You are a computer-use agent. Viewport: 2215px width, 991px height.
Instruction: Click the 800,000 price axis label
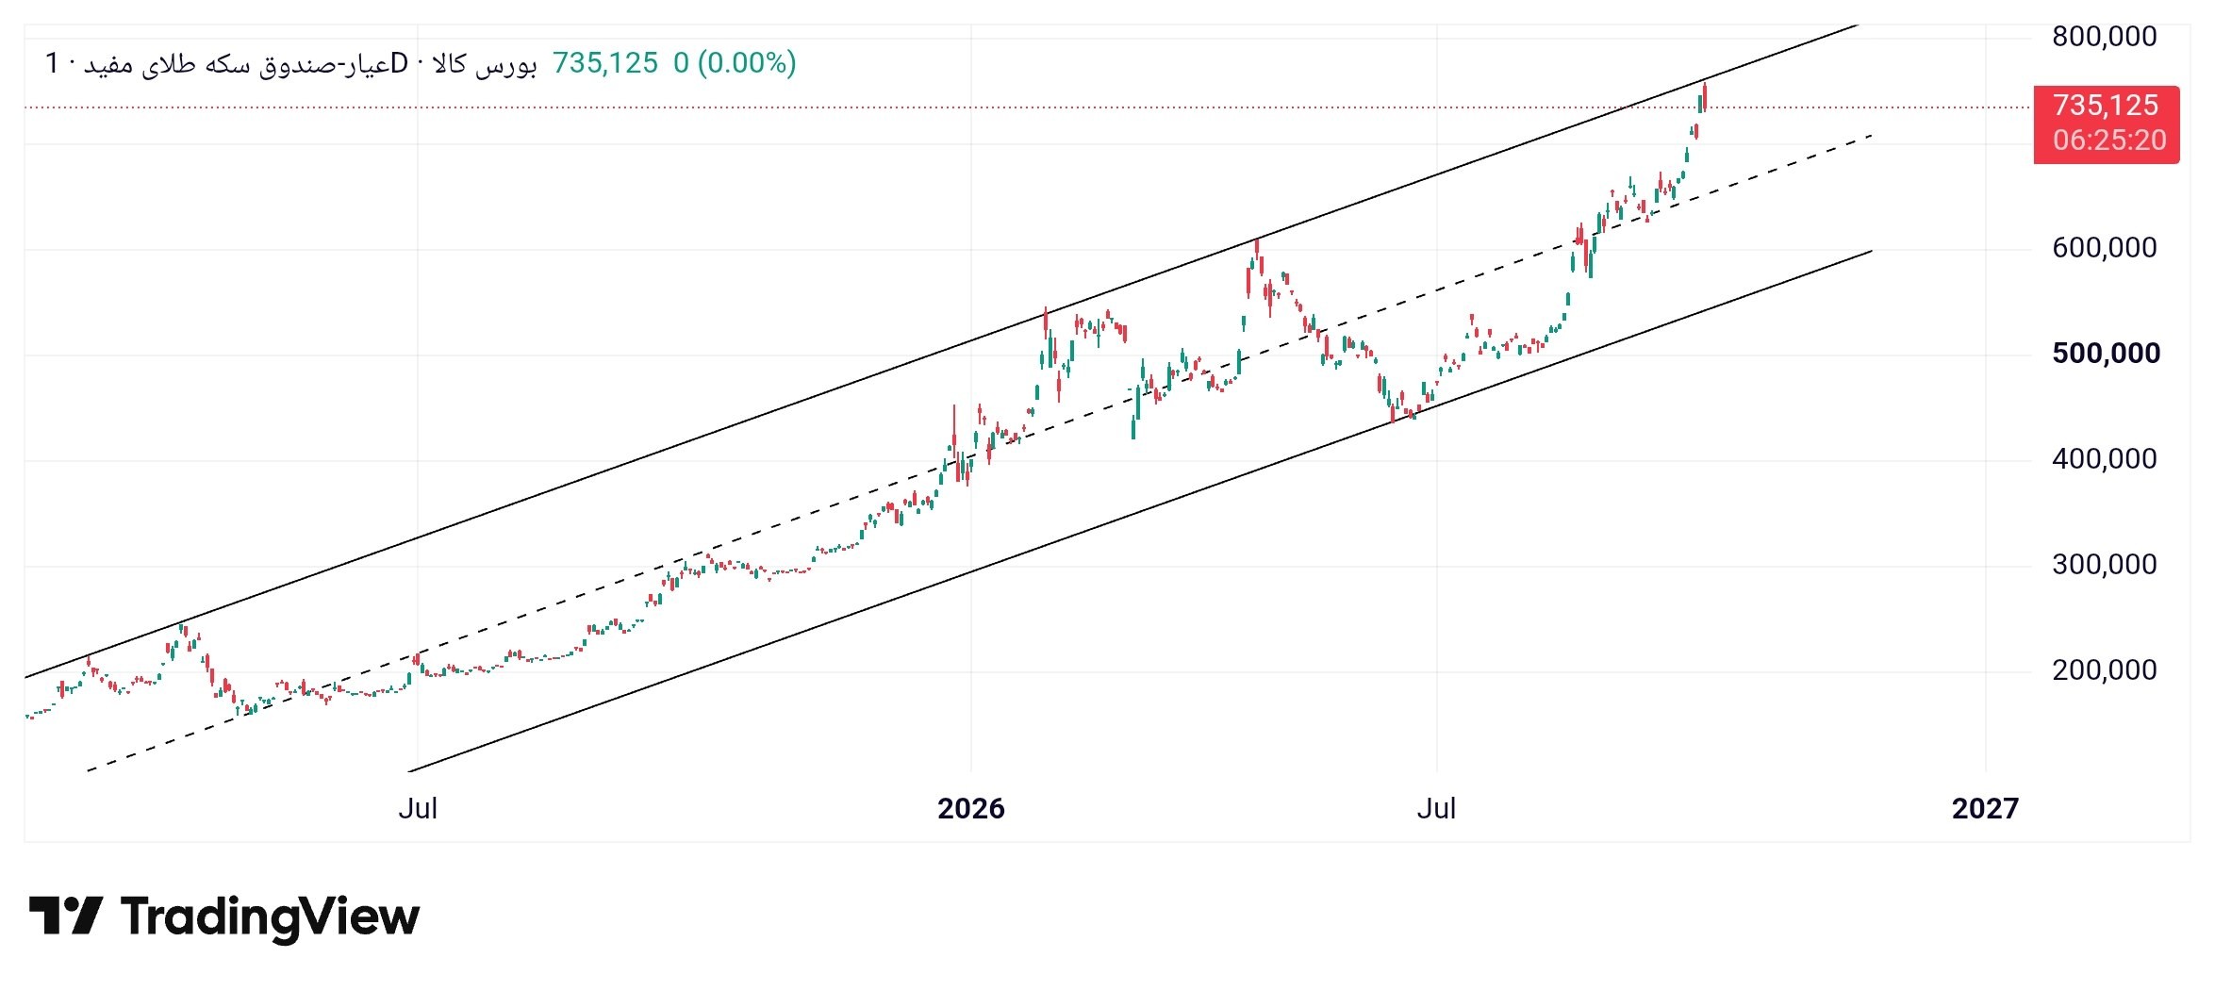tap(2105, 37)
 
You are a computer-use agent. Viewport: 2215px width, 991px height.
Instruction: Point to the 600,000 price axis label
tap(2105, 248)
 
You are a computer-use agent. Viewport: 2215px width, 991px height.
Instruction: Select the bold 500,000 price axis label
tap(2107, 354)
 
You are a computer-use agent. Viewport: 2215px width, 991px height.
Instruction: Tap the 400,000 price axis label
tap(2105, 459)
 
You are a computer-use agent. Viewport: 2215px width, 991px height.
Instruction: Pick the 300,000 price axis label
tap(2105, 565)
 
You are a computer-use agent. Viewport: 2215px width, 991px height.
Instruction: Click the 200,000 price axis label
tap(2105, 670)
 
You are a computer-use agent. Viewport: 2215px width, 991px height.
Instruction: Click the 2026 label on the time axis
tap(971, 808)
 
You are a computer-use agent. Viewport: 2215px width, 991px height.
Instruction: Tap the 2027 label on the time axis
tap(1985, 808)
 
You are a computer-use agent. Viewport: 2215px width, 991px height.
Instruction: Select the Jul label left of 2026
tap(418, 808)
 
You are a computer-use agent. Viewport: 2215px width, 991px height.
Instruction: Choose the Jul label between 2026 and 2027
tap(1436, 808)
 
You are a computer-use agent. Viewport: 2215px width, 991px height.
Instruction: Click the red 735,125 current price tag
tap(2106, 106)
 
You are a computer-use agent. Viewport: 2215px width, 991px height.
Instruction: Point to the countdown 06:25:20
tap(2109, 140)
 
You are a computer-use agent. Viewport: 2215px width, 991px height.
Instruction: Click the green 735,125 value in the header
tap(605, 63)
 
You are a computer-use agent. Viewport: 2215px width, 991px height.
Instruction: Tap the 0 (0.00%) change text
tap(735, 63)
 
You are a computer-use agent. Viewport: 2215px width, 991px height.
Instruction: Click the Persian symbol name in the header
tap(290, 64)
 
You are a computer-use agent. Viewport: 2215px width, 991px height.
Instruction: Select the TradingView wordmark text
tap(270, 917)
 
